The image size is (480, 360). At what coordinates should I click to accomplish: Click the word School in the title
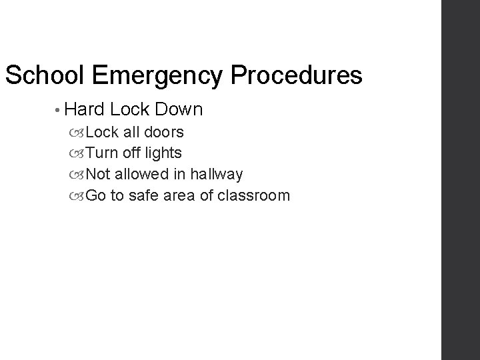pyautogui.click(x=44, y=75)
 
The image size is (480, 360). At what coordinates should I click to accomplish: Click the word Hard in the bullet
pyautogui.click(x=82, y=108)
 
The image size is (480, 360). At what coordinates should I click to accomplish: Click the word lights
pyautogui.click(x=162, y=153)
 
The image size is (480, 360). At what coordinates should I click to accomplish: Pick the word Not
pyautogui.click(x=99, y=174)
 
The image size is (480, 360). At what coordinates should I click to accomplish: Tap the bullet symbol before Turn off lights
pyautogui.click(x=79, y=153)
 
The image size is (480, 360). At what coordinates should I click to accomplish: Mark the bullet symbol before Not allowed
pyautogui.click(x=79, y=175)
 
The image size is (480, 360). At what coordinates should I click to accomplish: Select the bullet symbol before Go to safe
pyautogui.click(x=79, y=196)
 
